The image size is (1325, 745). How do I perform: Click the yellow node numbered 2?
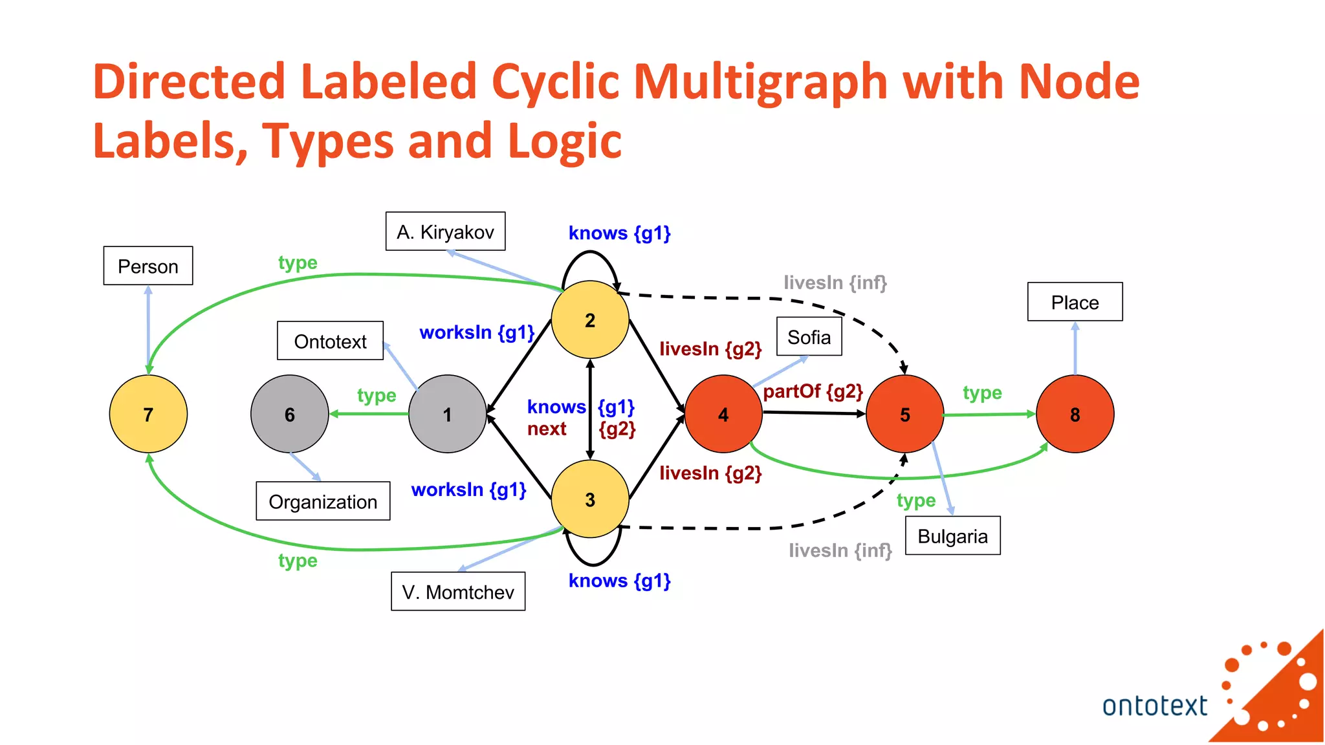[589, 319]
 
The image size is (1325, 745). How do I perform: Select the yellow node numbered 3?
[589, 499]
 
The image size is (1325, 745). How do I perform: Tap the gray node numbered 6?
[289, 414]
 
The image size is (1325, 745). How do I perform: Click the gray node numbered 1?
[447, 414]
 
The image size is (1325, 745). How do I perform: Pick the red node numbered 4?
[723, 414]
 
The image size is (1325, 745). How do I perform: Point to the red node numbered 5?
[904, 414]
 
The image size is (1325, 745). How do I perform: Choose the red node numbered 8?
[1075, 414]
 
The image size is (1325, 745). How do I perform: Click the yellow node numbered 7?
[148, 414]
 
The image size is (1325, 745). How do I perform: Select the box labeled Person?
[148, 266]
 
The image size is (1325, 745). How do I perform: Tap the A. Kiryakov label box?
[445, 232]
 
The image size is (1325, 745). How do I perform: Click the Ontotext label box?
[330, 341]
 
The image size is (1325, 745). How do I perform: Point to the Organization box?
[323, 501]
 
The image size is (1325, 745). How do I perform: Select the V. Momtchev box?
[458, 591]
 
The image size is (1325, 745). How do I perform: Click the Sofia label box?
[809, 337]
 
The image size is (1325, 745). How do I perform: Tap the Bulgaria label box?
[952, 536]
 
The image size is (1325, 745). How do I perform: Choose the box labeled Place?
[1075, 302]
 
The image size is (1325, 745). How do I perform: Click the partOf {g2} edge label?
[813, 391]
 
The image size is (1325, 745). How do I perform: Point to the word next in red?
[547, 429]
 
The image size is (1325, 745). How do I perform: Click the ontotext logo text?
[1154, 706]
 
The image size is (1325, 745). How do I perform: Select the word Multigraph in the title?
[761, 82]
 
